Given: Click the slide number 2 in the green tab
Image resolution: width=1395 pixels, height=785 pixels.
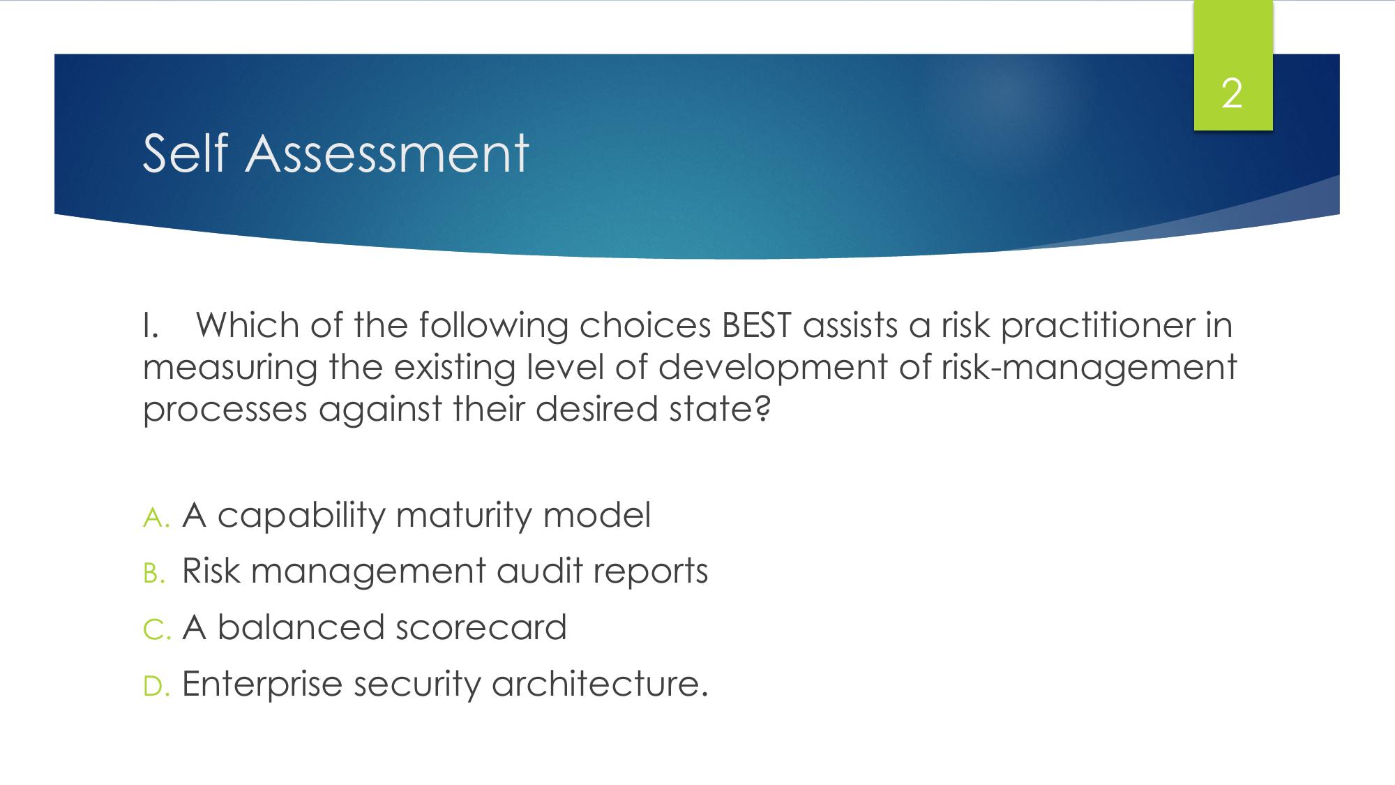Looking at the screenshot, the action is pos(1232,94).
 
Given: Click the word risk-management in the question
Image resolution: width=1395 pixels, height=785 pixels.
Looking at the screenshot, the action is pos(1089,368).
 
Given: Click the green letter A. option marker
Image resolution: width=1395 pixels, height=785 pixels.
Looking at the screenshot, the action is pos(157,518).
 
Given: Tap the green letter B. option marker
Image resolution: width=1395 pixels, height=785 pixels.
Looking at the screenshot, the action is pos(155,574).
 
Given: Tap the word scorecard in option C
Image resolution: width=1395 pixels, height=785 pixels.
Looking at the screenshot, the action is pos(481,627).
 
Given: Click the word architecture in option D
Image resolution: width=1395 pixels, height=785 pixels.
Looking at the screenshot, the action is pos(600,683).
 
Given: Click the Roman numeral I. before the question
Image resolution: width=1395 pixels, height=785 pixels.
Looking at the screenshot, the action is pos(151,326).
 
